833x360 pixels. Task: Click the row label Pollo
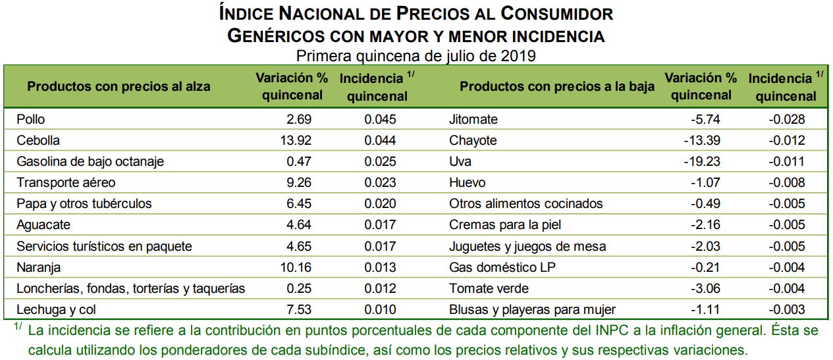pyautogui.click(x=30, y=120)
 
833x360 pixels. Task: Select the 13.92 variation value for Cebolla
pyautogui.click(x=294, y=141)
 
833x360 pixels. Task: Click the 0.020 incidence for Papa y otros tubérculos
pyautogui.click(x=380, y=204)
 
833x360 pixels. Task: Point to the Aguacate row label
pyautogui.click(x=43, y=225)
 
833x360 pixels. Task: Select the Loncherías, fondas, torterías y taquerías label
pyautogui.click(x=130, y=288)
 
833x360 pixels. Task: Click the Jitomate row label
pyautogui.click(x=473, y=120)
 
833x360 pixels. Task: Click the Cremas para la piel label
pyautogui.click(x=505, y=225)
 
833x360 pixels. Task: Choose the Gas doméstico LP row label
pyautogui.click(x=499, y=267)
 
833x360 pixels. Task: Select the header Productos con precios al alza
pyautogui.click(x=119, y=87)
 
